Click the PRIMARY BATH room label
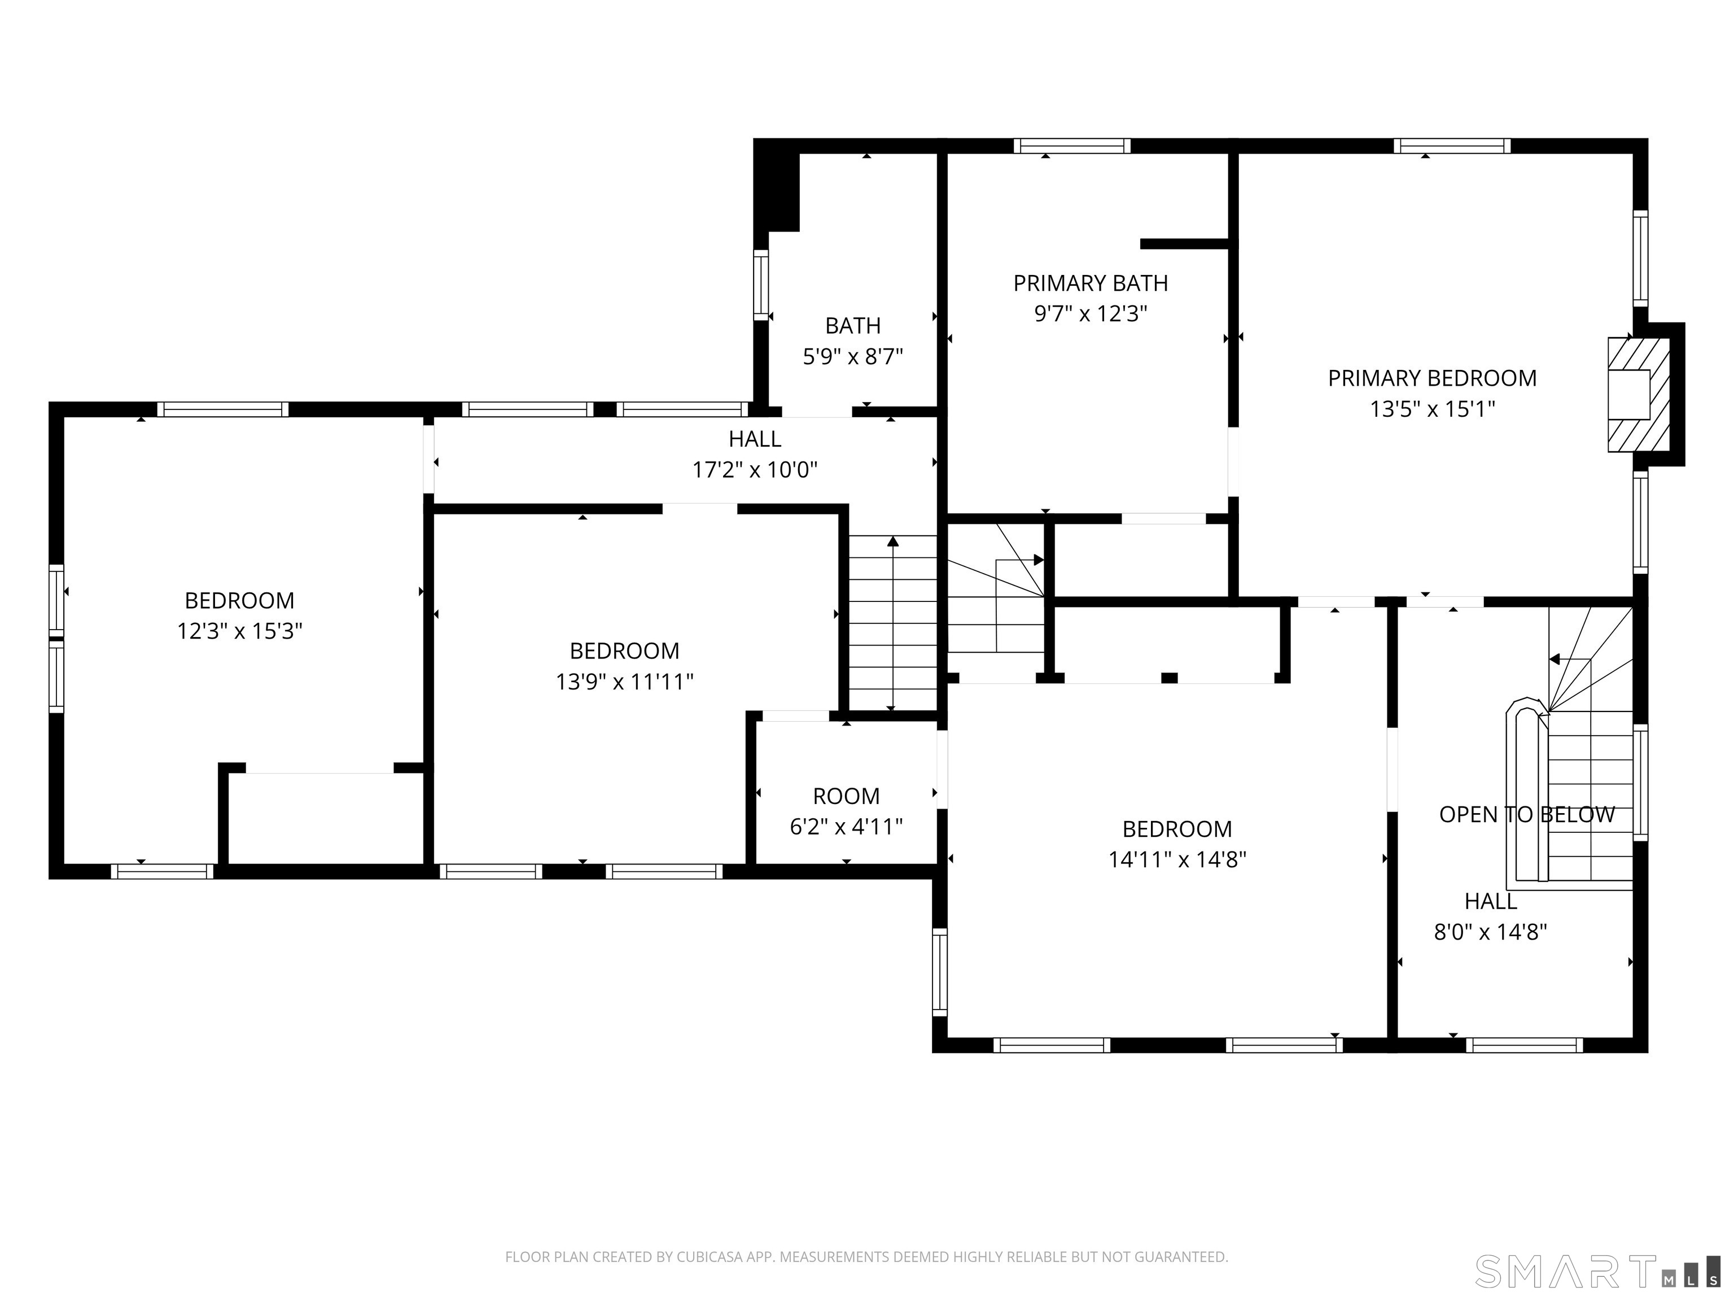1091,283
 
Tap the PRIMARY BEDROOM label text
1432,378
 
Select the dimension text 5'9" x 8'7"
853,357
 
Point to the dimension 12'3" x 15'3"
240,631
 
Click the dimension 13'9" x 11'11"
625,682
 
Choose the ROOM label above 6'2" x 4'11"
847,796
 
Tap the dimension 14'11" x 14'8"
1177,859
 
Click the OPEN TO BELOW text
1527,814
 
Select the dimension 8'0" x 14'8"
1490,932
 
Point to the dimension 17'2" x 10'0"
755,470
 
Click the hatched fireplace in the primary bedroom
1639,395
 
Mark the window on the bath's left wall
760,284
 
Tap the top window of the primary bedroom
1452,146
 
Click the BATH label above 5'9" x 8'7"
853,325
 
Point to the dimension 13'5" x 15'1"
1432,409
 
